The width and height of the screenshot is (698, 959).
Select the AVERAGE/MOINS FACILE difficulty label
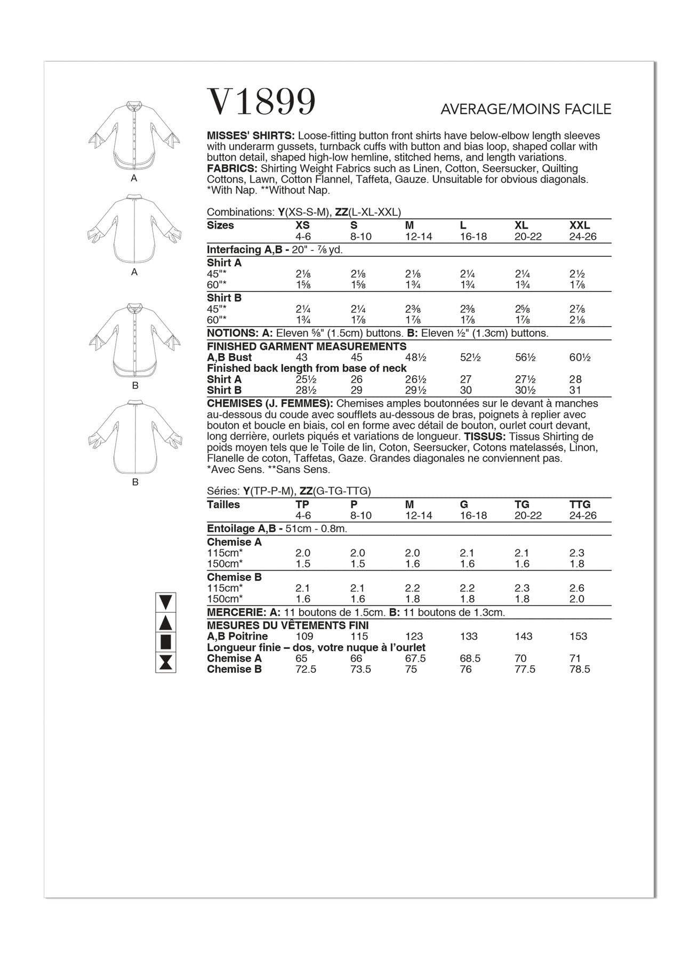pos(525,110)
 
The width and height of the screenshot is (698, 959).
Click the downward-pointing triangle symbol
pos(165,602)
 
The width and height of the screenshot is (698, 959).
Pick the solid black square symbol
pos(165,641)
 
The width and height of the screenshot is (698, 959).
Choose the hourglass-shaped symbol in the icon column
pos(165,662)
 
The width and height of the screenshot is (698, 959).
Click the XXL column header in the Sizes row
pos(580,225)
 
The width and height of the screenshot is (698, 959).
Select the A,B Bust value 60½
pos(580,357)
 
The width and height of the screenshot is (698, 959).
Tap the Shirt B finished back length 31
pos(575,391)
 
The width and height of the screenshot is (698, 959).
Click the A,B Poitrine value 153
pos(578,637)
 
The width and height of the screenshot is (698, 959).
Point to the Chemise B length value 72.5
pos(306,670)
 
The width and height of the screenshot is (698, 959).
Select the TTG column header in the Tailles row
pos(580,505)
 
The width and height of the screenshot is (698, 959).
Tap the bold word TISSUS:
pos(483,437)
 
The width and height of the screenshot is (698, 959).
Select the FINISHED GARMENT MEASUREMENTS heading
pos(307,346)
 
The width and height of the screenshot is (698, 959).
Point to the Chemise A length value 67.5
pos(415,659)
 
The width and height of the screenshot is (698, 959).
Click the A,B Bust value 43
pos(302,357)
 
